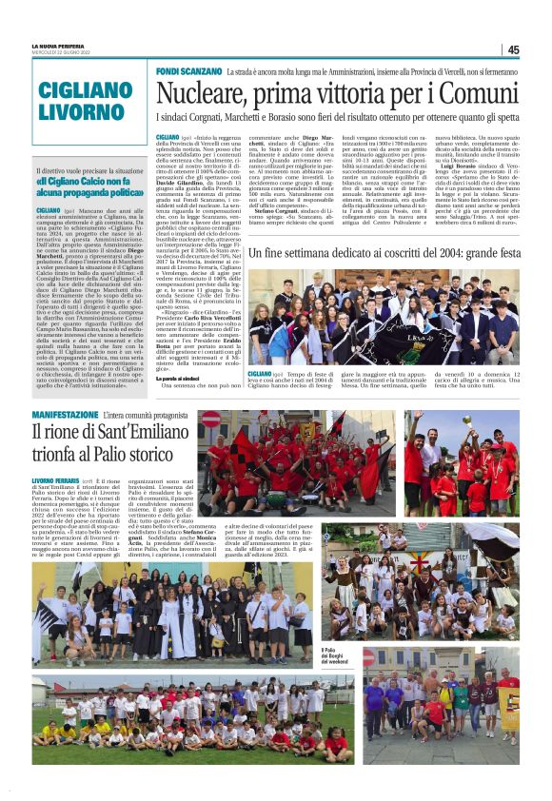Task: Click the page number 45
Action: tap(513, 49)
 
